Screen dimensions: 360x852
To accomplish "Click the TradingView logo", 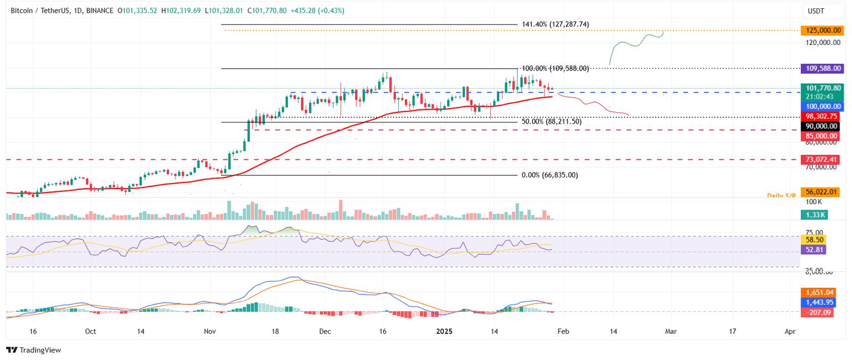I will point(33,350).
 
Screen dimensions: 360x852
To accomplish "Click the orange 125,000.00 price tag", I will point(820,31).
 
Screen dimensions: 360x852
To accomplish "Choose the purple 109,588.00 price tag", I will point(820,69).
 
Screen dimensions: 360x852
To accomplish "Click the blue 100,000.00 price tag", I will point(820,107).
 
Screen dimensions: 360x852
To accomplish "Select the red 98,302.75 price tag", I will point(820,116).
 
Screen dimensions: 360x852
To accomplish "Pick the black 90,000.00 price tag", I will point(820,126).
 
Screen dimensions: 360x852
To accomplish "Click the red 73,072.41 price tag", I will point(820,160).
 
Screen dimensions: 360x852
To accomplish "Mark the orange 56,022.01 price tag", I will point(820,192).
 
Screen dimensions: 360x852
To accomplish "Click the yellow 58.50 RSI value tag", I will point(813,240).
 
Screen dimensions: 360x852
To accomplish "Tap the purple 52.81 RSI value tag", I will point(813,250).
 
